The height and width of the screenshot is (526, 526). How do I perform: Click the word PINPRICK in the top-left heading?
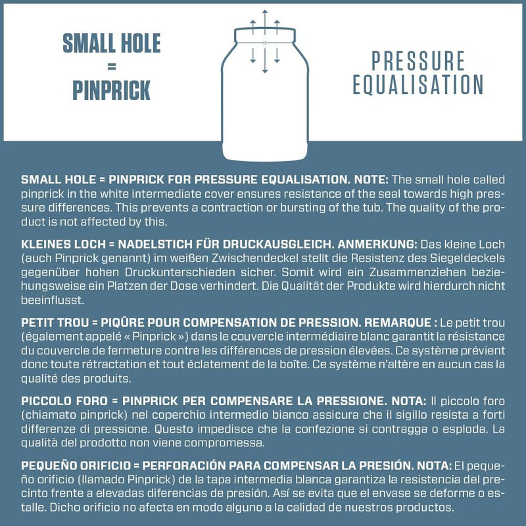click(111, 90)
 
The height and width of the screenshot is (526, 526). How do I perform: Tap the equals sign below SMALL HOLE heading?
click(111, 66)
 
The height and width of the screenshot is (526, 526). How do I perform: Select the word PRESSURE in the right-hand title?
click(418, 61)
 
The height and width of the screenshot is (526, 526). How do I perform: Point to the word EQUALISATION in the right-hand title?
click(418, 85)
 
